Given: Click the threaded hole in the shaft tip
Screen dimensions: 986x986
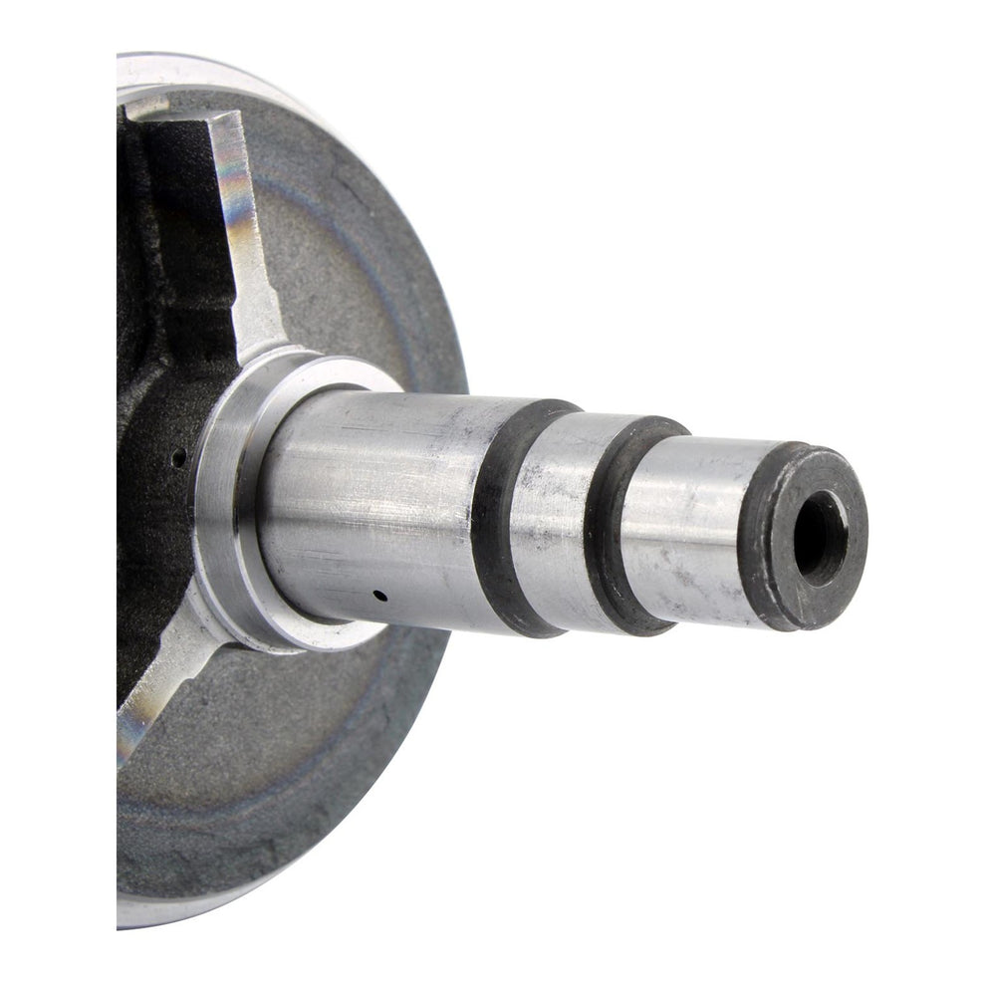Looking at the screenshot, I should click(821, 537).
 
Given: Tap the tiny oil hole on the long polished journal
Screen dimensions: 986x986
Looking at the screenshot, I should click(379, 596).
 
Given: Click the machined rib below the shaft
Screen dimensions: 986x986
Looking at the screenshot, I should click(159, 687).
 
